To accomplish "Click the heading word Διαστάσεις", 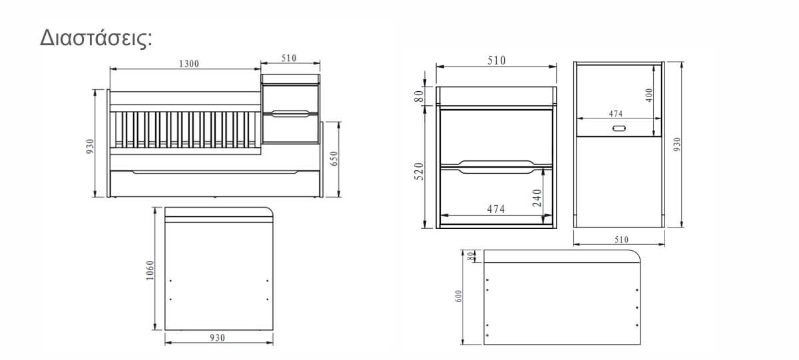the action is coord(96,38).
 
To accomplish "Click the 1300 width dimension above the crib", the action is coord(188,64).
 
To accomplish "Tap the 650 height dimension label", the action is coord(334,158).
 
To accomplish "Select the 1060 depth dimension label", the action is coord(150,270).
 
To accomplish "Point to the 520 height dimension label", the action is coord(419,172).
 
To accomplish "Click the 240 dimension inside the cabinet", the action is coord(537,198).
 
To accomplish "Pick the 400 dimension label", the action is coord(649,95).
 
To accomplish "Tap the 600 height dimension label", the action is coord(459,296).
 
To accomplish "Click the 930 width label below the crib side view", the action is coord(217,337).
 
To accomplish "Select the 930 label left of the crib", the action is coord(90,146).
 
